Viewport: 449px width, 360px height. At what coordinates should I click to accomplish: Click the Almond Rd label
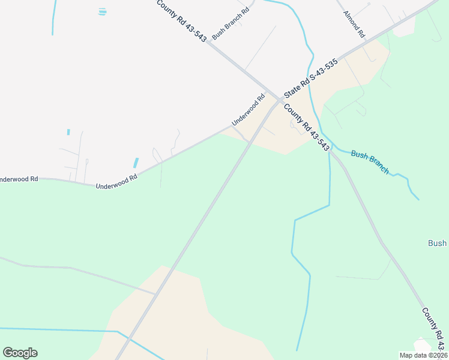click(354, 25)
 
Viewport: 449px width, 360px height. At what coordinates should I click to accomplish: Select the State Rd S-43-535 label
click(312, 79)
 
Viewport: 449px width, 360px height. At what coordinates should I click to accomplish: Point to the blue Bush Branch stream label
click(370, 162)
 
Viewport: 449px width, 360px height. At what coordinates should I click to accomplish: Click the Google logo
click(20, 353)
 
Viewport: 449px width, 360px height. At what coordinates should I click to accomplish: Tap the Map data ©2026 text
click(423, 355)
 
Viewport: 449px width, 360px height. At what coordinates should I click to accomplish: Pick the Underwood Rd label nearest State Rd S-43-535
click(249, 110)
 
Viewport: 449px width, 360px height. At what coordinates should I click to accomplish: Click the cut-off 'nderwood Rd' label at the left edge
click(19, 179)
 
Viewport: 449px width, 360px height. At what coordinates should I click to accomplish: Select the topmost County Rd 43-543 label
click(182, 20)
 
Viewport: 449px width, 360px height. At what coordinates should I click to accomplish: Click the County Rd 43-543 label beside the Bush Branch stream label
click(306, 128)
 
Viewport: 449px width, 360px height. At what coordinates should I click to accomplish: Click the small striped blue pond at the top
click(102, 11)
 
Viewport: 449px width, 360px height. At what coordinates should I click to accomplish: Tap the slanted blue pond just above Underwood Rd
click(136, 163)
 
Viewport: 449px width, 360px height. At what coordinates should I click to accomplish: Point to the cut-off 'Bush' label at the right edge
click(437, 243)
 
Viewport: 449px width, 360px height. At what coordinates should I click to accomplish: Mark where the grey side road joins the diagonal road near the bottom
click(155, 294)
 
